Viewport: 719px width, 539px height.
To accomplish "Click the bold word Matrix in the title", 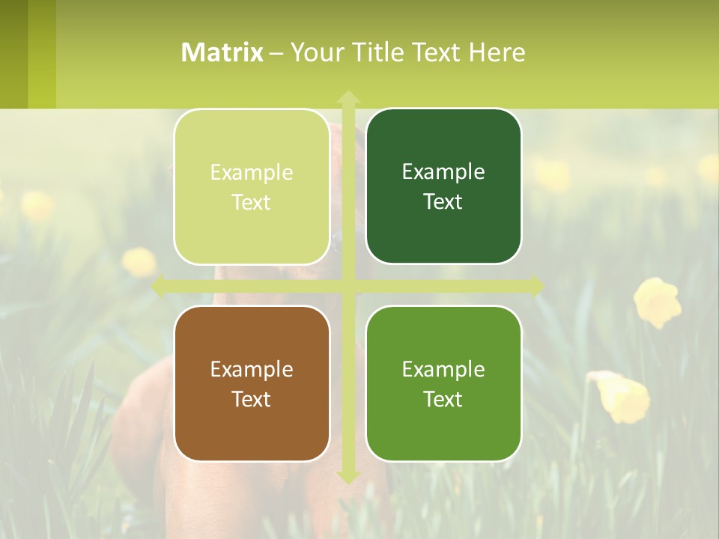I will coord(222,52).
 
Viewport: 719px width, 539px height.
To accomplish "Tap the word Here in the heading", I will coord(497,52).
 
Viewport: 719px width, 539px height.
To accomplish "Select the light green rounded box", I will coord(252,186).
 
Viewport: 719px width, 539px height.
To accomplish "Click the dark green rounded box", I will coord(443,186).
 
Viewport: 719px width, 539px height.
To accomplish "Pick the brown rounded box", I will coord(252,383).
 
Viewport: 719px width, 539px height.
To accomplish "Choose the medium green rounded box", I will coord(443,383).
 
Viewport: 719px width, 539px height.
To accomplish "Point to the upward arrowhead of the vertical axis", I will coord(348,97).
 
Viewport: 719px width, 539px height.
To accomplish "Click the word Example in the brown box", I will coord(252,369).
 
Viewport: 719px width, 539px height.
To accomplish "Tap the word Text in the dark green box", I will coord(443,201).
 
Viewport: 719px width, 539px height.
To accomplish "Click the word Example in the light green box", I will coord(252,172).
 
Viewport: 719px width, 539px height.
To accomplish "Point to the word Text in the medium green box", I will coord(443,399).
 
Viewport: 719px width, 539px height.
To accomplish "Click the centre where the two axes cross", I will coord(348,287).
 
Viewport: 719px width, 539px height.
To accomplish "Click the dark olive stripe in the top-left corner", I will coord(13,54).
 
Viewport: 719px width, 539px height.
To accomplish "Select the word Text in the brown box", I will coord(252,399).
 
